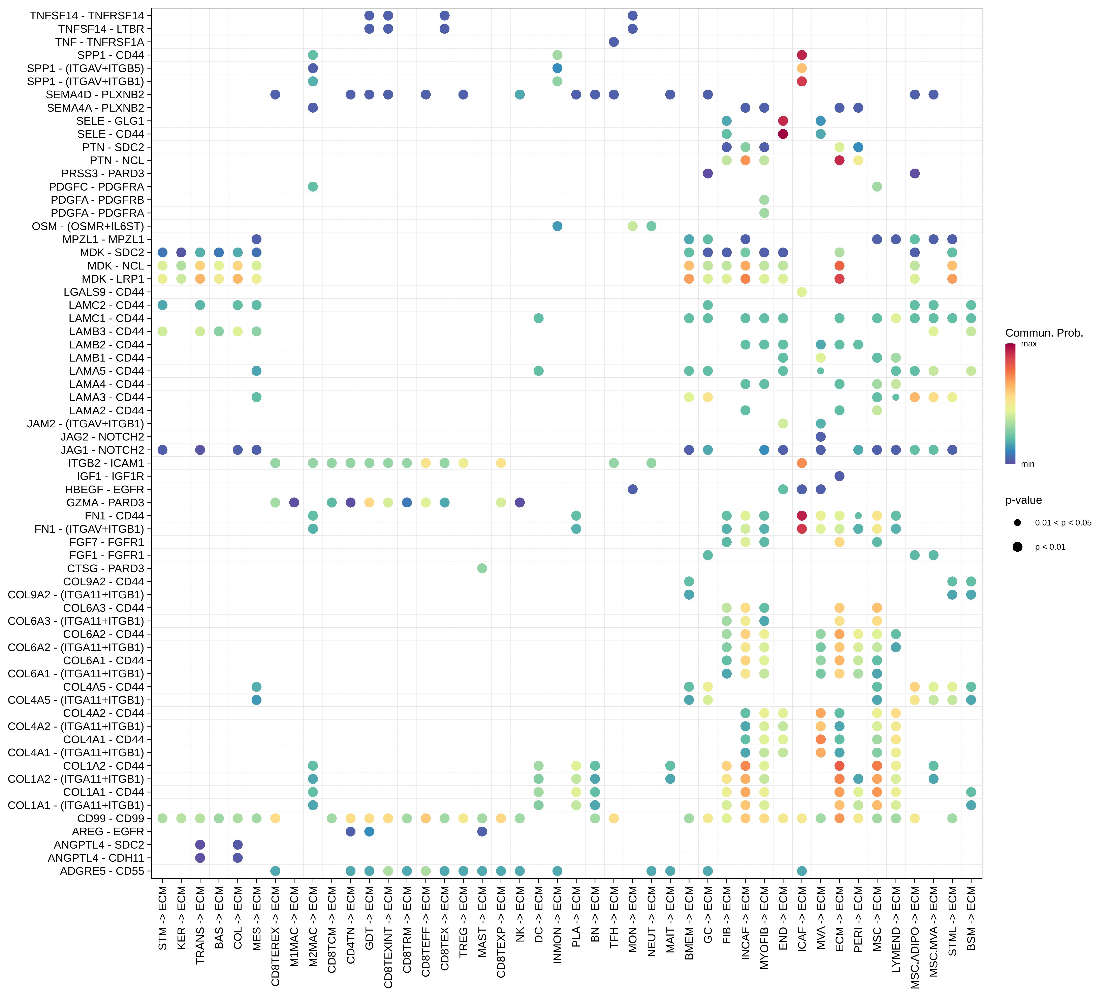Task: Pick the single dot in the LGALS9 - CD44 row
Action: tap(801, 292)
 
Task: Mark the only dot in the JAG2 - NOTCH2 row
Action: tap(820, 437)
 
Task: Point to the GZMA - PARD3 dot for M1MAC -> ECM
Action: tap(294, 502)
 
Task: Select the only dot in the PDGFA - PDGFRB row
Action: tap(764, 200)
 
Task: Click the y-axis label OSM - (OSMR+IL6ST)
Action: tap(88, 226)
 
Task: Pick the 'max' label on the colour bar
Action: tap(1029, 344)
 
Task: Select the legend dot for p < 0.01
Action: tap(1017, 547)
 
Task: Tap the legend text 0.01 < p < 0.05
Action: tap(1063, 523)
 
